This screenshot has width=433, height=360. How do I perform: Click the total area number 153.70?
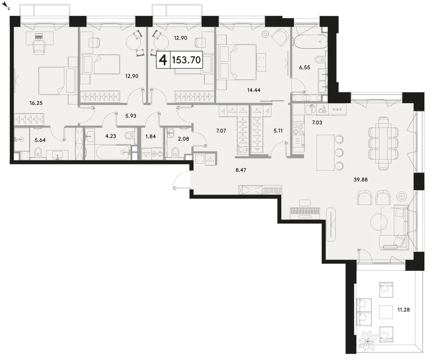point(186,60)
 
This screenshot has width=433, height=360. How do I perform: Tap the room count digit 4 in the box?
point(163,60)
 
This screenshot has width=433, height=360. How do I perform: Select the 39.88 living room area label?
point(361,180)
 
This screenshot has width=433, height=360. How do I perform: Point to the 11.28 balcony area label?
point(403,310)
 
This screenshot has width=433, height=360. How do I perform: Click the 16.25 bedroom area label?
point(36,103)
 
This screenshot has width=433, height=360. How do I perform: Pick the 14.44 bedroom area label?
point(253,90)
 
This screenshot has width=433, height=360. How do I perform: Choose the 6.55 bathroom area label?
point(305,68)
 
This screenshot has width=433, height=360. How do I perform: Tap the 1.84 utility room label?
point(150,137)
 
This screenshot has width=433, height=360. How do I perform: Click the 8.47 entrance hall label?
point(241,170)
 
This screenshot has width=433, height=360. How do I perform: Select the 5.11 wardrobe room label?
point(278,131)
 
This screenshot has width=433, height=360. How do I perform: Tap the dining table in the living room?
point(383,143)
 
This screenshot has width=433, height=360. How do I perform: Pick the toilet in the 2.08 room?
point(175,152)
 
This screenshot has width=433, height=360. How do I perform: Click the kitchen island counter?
point(325,153)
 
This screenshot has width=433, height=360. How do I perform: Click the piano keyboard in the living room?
point(305,212)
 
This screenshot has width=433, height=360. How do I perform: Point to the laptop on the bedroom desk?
point(39,36)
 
